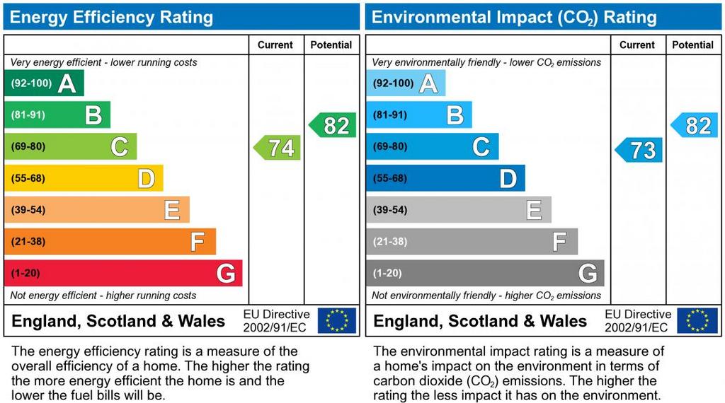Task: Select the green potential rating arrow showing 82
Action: pyautogui.click(x=333, y=125)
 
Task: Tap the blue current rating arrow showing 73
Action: pyautogui.click(x=639, y=150)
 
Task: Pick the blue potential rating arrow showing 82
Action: pyautogui.click(x=695, y=125)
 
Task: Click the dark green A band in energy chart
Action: pyautogui.click(x=44, y=83)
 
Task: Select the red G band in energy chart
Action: pyautogui.click(x=123, y=274)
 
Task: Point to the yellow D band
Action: pyautogui.click(x=84, y=178)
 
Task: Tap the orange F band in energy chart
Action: pyautogui.click(x=110, y=242)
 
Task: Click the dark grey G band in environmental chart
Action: pyautogui.click(x=485, y=274)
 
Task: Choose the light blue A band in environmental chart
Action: pyautogui.click(x=406, y=83)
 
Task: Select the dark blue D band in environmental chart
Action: pyautogui.click(x=445, y=178)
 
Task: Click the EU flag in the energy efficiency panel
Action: pyautogui.click(x=337, y=320)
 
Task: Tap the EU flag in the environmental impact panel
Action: pyautogui.click(x=697, y=320)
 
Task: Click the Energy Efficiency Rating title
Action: pyautogui.click(x=111, y=17)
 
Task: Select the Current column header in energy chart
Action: pyautogui.click(x=275, y=45)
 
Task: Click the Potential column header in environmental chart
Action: pyautogui.click(x=693, y=45)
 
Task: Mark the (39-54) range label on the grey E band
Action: pyautogui.click(x=390, y=210)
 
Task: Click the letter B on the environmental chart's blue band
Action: pyautogui.click(x=455, y=115)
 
